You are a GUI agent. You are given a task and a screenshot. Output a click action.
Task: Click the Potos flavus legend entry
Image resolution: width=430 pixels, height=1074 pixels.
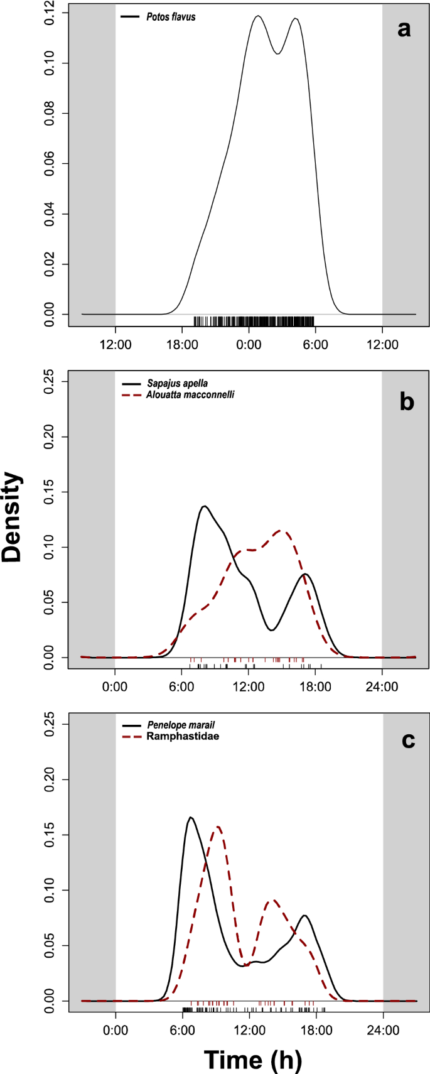click(x=171, y=17)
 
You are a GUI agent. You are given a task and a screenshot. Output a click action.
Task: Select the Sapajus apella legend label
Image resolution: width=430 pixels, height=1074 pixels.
click(x=177, y=383)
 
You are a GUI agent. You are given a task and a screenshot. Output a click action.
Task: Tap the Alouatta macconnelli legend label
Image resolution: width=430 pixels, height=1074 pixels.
click(x=190, y=395)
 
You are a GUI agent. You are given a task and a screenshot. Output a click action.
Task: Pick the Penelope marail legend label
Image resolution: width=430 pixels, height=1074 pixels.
click(x=181, y=725)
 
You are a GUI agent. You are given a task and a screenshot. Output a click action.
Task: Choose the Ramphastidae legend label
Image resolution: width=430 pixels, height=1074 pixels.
click(x=183, y=736)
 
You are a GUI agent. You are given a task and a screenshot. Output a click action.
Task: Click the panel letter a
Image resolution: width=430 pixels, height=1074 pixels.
click(x=404, y=28)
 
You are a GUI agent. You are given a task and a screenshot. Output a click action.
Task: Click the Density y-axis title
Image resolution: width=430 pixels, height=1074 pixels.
click(x=13, y=517)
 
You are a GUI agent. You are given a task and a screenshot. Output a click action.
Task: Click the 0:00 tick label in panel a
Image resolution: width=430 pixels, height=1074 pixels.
click(x=249, y=344)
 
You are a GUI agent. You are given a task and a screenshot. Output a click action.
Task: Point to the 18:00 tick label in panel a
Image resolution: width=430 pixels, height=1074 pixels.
click(x=182, y=344)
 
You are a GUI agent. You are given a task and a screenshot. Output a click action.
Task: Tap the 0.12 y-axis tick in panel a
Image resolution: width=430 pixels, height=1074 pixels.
click(x=50, y=13)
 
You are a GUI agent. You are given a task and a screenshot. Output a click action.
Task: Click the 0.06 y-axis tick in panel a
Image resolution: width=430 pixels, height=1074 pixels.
click(x=50, y=164)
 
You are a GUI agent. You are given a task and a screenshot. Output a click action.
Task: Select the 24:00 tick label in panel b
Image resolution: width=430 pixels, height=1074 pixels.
click(x=382, y=686)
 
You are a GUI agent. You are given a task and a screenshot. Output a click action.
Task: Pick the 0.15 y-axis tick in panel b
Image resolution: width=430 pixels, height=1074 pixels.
click(x=50, y=492)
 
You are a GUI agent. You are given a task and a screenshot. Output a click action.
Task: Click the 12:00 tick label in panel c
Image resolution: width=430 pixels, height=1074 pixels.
click(x=249, y=1030)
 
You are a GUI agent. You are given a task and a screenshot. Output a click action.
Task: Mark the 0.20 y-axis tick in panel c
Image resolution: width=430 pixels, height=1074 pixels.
click(x=50, y=779)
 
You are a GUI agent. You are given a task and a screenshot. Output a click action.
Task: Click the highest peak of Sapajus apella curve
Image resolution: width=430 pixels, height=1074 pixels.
click(x=204, y=506)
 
